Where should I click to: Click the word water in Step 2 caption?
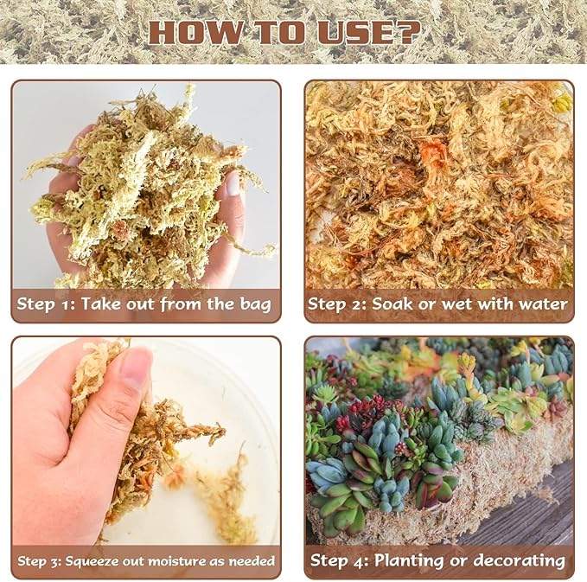click(542, 304)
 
